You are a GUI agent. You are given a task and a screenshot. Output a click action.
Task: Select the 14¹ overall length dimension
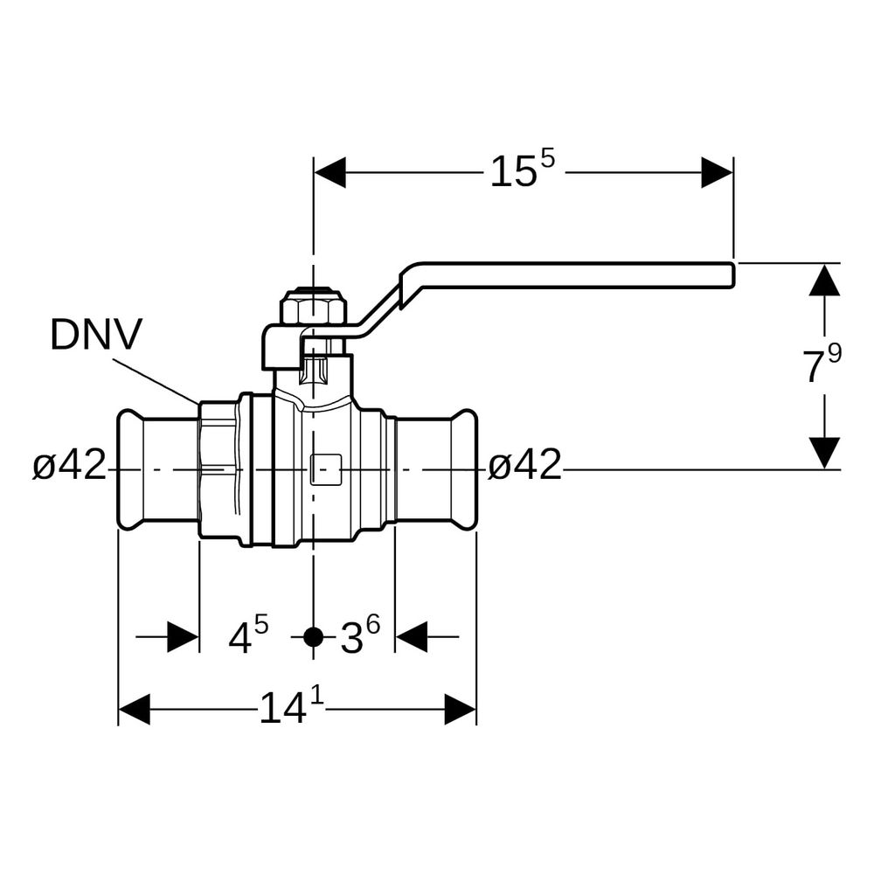[x=292, y=705]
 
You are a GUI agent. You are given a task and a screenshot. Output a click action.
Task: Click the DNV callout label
[x=96, y=335]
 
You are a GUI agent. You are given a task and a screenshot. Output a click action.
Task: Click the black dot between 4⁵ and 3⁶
[x=314, y=636]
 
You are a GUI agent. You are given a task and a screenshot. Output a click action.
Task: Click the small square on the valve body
[x=325, y=469]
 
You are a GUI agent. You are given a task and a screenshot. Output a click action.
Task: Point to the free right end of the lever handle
[x=732, y=274]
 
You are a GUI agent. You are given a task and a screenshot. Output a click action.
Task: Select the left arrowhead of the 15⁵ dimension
[x=330, y=172]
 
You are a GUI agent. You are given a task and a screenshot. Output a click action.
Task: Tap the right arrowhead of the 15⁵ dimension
[x=718, y=172]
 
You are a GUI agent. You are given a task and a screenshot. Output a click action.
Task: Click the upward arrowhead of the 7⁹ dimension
[x=824, y=280]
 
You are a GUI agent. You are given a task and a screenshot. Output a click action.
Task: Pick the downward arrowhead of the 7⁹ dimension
[x=824, y=453]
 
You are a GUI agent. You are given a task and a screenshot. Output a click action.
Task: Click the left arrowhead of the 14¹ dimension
[x=135, y=709]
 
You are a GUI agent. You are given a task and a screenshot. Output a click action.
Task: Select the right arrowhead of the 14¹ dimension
[x=461, y=709]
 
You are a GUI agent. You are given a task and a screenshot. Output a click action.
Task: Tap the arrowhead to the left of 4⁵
[x=184, y=636]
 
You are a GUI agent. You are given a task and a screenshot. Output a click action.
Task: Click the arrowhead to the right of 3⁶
[x=412, y=636]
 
